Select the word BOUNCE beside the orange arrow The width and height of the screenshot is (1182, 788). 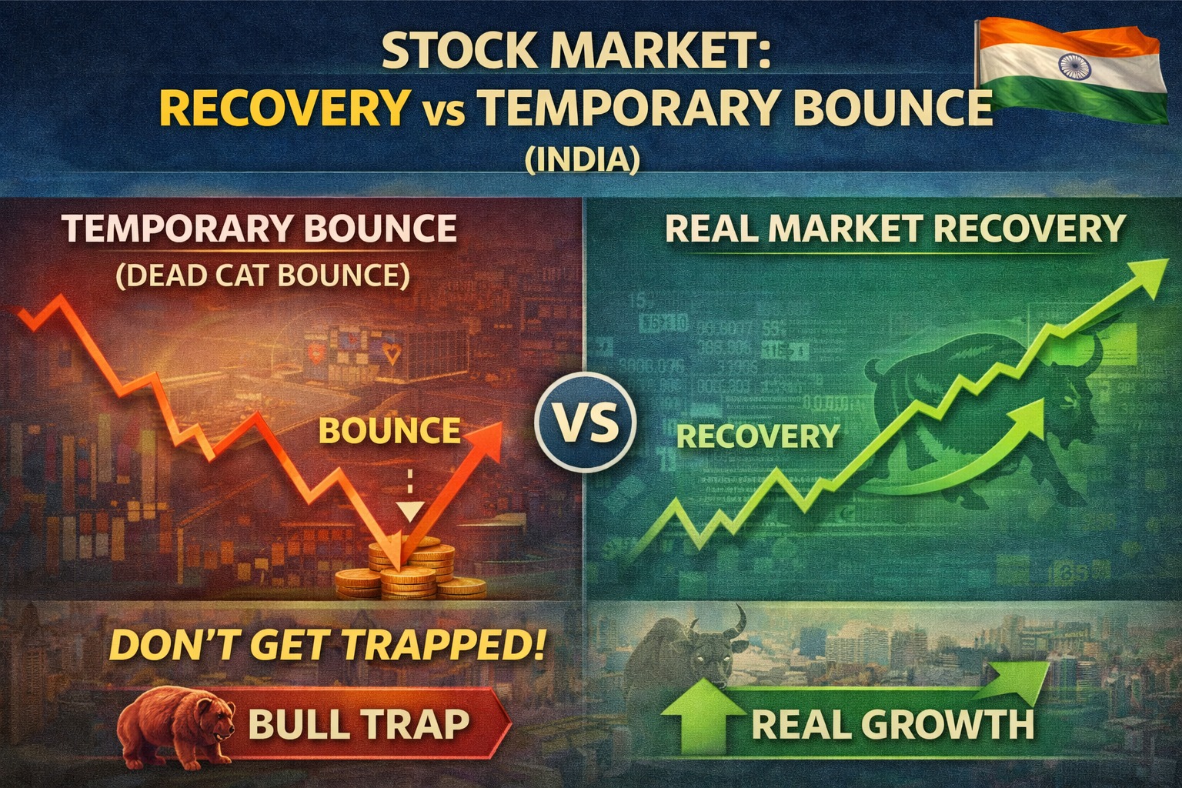[x=389, y=430]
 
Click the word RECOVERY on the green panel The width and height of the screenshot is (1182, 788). [x=757, y=436]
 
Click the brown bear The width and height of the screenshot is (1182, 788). [x=179, y=723]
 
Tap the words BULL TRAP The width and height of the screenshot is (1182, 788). [x=359, y=724]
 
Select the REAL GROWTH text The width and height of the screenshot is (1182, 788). [x=893, y=724]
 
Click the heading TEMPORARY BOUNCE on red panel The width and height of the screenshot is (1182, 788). [x=259, y=229]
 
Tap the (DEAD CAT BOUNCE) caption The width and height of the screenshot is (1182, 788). [x=262, y=275]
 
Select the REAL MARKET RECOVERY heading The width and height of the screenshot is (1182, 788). [x=895, y=229]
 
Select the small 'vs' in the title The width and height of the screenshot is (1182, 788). [x=442, y=110]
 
